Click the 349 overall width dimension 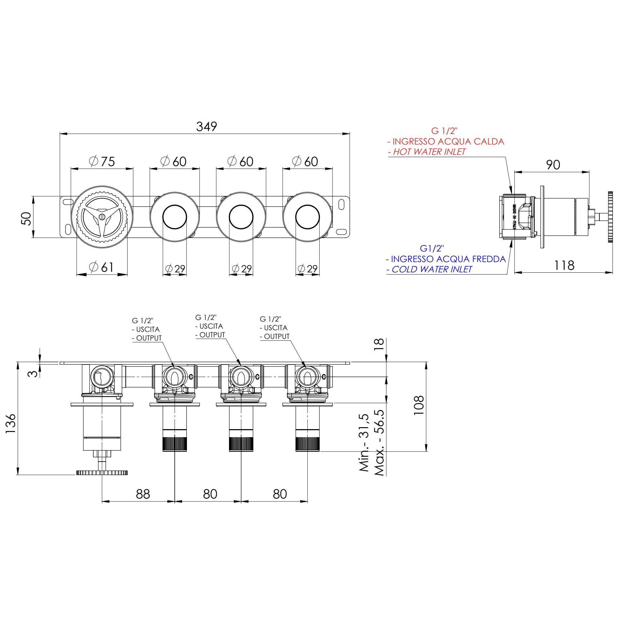point(207,127)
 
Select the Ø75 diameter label point(102,161)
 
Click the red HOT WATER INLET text point(427,152)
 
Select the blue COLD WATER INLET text point(429,269)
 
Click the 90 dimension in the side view point(553,165)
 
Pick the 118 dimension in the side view point(564,265)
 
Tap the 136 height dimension point(11,423)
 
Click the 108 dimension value point(419,405)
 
